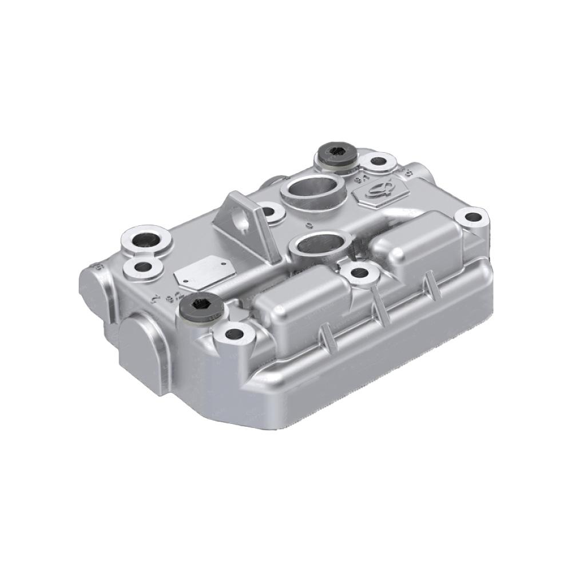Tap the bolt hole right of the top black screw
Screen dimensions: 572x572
376,161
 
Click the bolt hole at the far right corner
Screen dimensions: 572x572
473,217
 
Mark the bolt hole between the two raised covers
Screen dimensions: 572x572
359,273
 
